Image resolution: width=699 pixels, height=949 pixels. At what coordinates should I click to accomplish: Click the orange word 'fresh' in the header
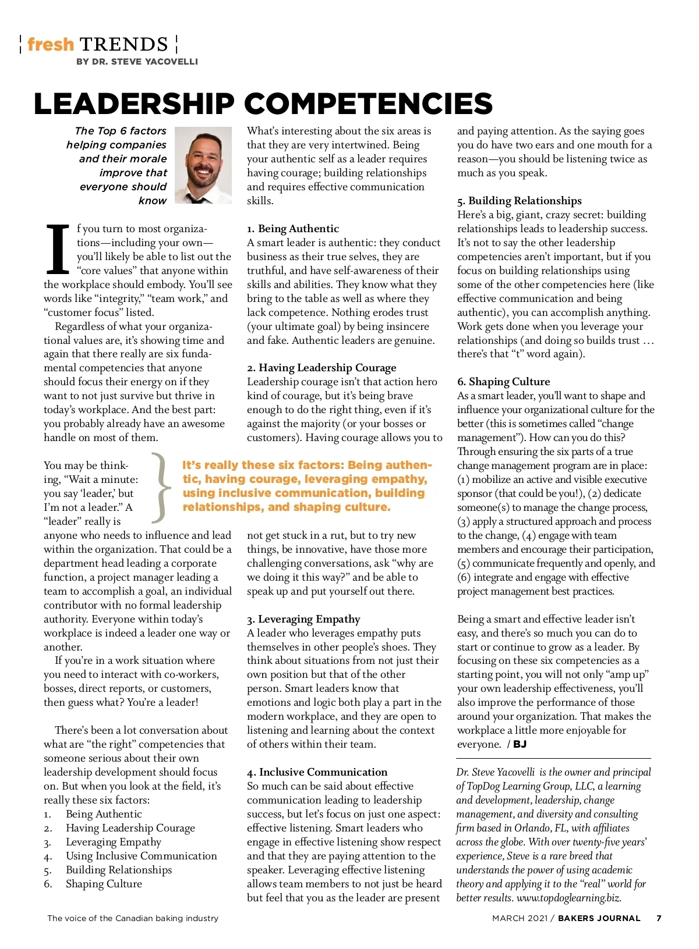coord(51,45)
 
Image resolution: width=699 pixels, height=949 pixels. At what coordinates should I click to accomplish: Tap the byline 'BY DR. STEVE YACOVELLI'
coord(137,62)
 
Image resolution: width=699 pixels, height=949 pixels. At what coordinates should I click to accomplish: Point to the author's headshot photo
coord(203,165)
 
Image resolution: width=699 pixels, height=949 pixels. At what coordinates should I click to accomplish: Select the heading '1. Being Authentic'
coord(292,229)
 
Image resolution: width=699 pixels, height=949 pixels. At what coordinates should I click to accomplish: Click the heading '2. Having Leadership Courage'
coord(322,368)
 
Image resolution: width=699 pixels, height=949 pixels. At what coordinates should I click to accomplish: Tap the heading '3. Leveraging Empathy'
coord(303,619)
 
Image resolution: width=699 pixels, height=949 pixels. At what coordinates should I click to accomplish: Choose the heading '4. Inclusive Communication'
coord(317,772)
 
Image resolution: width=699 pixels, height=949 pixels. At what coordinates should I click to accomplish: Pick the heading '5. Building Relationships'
coord(519,201)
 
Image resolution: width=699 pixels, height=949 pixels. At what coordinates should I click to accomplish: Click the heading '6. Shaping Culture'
coord(503,382)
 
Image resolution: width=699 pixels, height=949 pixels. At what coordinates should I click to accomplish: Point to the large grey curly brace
coord(161,486)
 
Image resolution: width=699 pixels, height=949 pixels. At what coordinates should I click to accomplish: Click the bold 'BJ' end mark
coord(520,744)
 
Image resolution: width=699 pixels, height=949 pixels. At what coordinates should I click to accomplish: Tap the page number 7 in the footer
coord(659,918)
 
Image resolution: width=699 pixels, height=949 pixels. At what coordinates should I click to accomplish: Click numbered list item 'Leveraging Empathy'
coord(114,842)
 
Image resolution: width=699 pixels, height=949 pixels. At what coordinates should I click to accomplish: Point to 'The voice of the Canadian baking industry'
coord(133,918)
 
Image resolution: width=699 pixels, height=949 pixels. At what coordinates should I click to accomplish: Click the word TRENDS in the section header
coord(124,45)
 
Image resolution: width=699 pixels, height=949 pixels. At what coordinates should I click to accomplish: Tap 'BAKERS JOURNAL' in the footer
coord(599,918)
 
